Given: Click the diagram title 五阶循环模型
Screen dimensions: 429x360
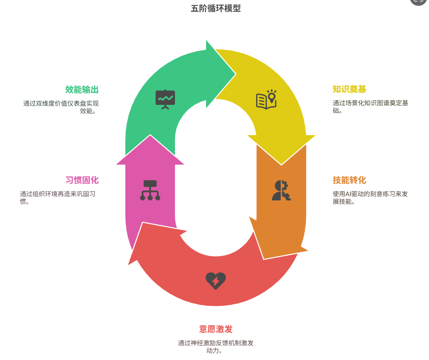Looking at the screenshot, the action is [216, 8].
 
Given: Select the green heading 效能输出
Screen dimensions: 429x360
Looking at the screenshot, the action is [82, 90].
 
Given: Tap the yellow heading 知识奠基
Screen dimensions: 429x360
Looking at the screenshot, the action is [349, 89].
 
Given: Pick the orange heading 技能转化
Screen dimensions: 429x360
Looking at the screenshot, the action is [349, 180].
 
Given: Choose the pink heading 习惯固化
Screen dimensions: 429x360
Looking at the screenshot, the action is [82, 180].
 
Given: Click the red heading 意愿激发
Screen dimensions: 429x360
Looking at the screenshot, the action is [216, 329].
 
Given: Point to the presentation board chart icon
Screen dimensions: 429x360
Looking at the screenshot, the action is [165, 99].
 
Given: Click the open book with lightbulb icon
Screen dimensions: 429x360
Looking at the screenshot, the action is [266, 99].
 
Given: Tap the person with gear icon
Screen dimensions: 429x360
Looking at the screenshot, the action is [281, 190].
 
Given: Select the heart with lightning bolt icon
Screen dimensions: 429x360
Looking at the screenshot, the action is [216, 281].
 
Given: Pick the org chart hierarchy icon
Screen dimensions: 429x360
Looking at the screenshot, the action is [150, 190].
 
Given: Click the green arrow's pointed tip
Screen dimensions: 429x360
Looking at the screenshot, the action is [235, 74].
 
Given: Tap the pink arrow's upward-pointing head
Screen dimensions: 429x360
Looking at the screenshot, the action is [150, 135].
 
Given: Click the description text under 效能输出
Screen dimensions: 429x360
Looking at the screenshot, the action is [61, 107].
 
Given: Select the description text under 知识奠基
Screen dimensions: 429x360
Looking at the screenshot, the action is [370, 107].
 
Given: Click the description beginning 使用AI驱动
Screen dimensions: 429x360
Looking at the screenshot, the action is [370, 197].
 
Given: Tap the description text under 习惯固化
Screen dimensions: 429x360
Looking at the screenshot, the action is [58, 197].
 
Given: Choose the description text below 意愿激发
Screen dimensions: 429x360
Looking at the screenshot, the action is [216, 347].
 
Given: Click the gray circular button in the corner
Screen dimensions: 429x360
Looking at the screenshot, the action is [418, 1].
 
